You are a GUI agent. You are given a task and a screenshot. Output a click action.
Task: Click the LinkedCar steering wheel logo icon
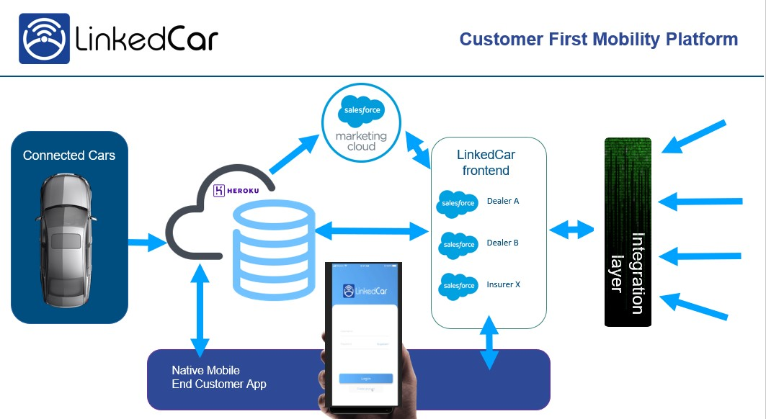pos(44,38)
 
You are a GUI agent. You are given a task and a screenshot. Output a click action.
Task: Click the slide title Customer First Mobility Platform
pos(599,40)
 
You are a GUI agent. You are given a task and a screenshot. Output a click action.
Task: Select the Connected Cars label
pos(69,156)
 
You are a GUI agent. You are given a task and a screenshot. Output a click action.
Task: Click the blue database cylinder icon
pos(274,248)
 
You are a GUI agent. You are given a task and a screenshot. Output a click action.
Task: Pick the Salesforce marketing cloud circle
pos(362,120)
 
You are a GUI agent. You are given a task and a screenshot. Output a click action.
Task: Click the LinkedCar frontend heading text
pos(486,163)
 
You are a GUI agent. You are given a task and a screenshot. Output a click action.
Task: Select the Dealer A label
pos(503,201)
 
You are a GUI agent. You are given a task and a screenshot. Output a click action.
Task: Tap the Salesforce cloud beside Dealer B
pos(458,244)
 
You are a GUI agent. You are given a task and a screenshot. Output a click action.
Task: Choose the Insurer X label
pos(503,284)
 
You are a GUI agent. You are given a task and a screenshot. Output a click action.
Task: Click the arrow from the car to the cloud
pos(147,243)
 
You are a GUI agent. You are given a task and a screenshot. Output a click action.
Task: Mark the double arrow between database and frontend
pos(372,231)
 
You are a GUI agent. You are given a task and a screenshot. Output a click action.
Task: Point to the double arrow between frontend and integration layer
pos(571,230)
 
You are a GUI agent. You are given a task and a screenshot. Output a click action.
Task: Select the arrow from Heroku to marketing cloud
pos(295,153)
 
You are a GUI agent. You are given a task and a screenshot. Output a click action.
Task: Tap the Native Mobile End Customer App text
pos(219,377)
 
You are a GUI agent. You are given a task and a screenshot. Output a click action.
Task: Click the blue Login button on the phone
pos(366,378)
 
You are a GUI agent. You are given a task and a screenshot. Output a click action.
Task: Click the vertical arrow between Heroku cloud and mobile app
pos(200,307)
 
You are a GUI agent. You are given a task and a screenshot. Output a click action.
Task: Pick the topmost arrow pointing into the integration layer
pos(693,137)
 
